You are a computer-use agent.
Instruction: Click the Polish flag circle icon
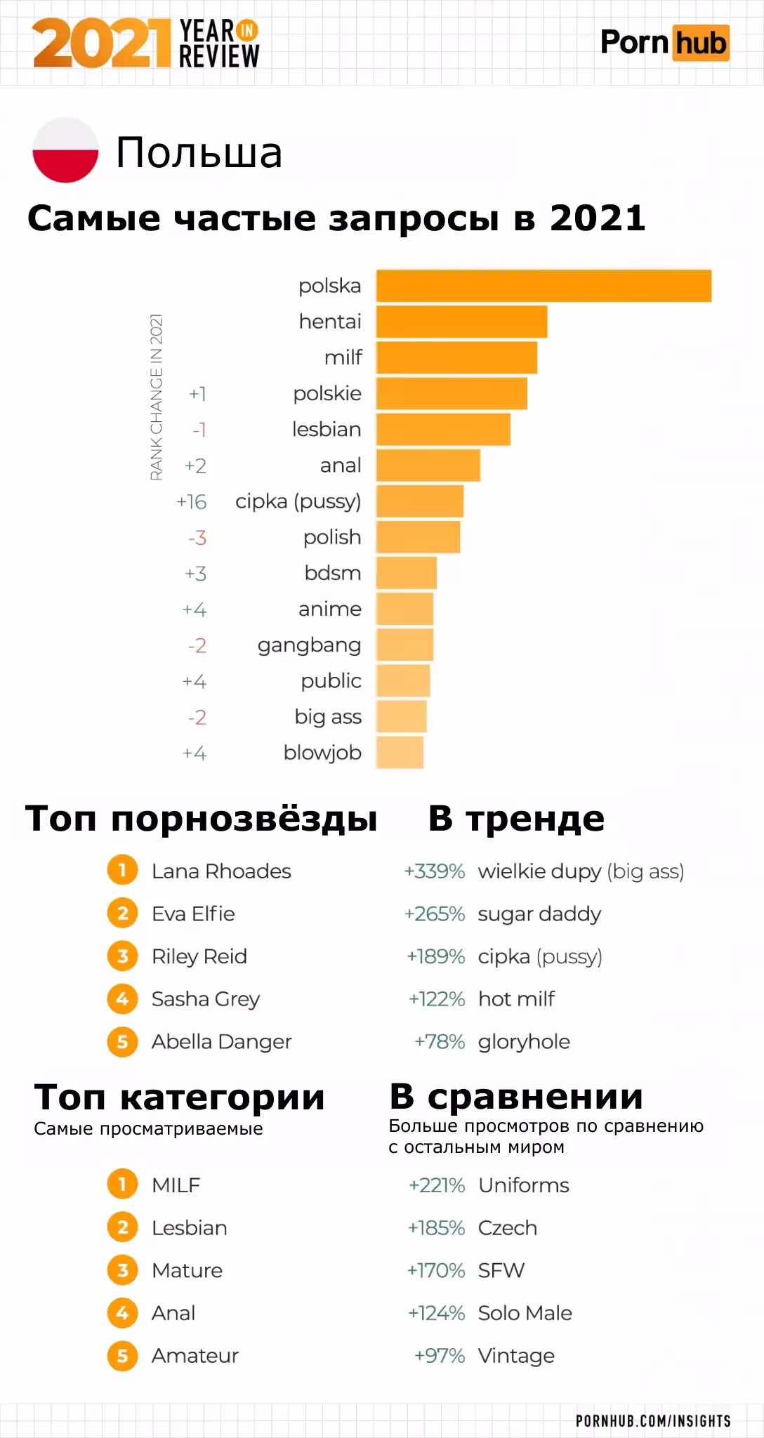pyautogui.click(x=65, y=150)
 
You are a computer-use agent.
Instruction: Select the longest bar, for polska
pyautogui.click(x=544, y=286)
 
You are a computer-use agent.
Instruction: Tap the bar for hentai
pyautogui.click(x=461, y=322)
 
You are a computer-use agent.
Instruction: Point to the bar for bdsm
pyautogui.click(x=407, y=573)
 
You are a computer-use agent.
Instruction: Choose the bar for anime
pyautogui.click(x=404, y=609)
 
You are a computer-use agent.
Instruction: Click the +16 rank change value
pyautogui.click(x=192, y=502)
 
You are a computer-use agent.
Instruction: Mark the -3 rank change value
pyautogui.click(x=197, y=538)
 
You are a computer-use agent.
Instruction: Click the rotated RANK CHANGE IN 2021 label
pyautogui.click(x=156, y=397)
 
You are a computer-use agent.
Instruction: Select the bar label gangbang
pyautogui.click(x=309, y=645)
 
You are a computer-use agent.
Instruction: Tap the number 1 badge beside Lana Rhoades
pyautogui.click(x=122, y=871)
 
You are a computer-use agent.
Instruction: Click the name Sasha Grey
pyautogui.click(x=206, y=998)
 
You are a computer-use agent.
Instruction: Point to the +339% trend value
pyautogui.click(x=434, y=871)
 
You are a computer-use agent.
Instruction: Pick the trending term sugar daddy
pyautogui.click(x=539, y=914)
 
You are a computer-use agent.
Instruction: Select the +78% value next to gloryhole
pyautogui.click(x=440, y=1042)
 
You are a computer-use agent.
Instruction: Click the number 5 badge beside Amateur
pyautogui.click(x=122, y=1356)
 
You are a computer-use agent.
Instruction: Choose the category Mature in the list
pyautogui.click(x=187, y=1270)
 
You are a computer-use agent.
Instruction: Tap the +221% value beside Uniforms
pyautogui.click(x=437, y=1185)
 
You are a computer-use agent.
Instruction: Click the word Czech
pyautogui.click(x=507, y=1228)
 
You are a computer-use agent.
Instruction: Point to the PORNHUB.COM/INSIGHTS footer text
pyautogui.click(x=653, y=1421)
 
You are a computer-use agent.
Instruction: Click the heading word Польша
pyautogui.click(x=199, y=152)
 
